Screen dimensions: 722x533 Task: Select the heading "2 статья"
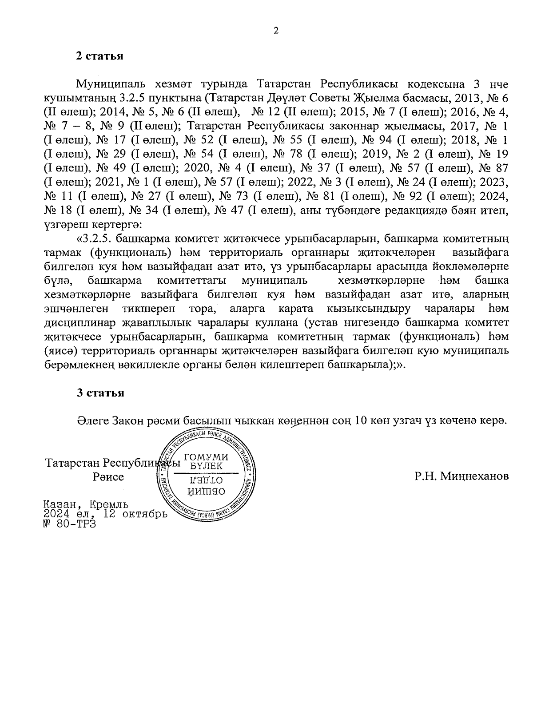pos(99,56)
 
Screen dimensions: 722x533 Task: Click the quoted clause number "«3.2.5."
pos(96,238)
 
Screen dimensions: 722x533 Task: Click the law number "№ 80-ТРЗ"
pos(70,523)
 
